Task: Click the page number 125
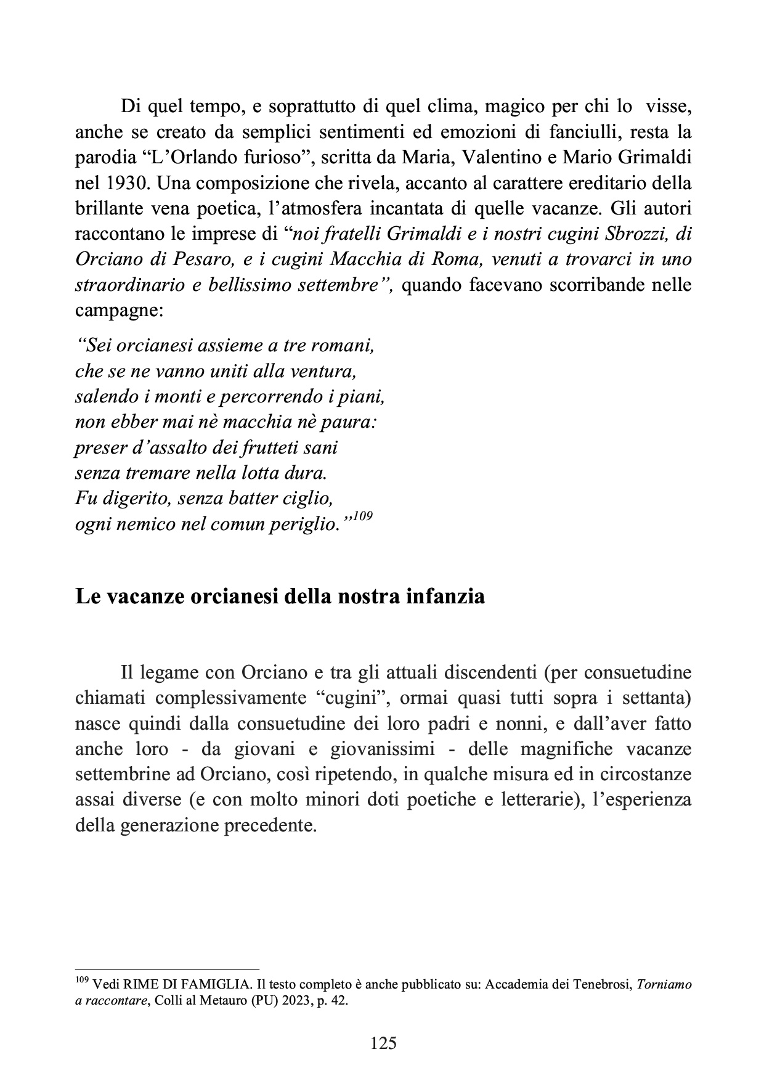(383, 1043)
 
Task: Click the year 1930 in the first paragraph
(121, 184)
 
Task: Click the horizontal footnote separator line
(166, 969)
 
